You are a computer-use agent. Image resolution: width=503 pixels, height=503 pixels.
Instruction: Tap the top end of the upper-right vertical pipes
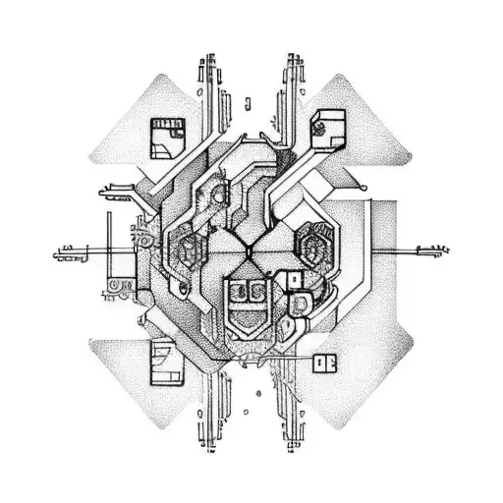[292, 57]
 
